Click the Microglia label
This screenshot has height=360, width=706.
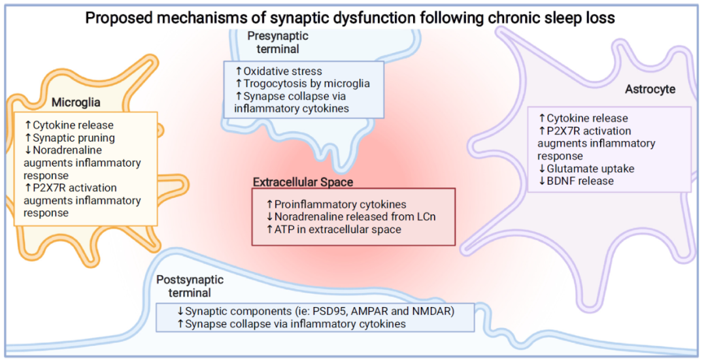(76, 103)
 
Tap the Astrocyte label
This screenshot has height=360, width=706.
(650, 89)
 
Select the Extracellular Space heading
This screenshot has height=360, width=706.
(303, 182)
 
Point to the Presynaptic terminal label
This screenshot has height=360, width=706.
(278, 42)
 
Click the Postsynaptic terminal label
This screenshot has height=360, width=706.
(190, 286)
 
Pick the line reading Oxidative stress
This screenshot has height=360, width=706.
(278, 71)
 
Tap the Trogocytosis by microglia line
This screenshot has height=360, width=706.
(303, 84)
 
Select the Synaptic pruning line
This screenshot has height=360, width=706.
(70, 138)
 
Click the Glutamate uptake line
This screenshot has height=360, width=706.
(586, 169)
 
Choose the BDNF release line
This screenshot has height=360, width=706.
(576, 181)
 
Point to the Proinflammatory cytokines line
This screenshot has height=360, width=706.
(337, 205)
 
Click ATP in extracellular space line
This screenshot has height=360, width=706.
(334, 229)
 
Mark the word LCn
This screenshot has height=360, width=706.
(425, 217)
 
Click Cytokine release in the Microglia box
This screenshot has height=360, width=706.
(69, 125)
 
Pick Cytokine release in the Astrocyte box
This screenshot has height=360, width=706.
(583, 118)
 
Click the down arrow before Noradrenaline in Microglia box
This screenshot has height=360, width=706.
(28, 150)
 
